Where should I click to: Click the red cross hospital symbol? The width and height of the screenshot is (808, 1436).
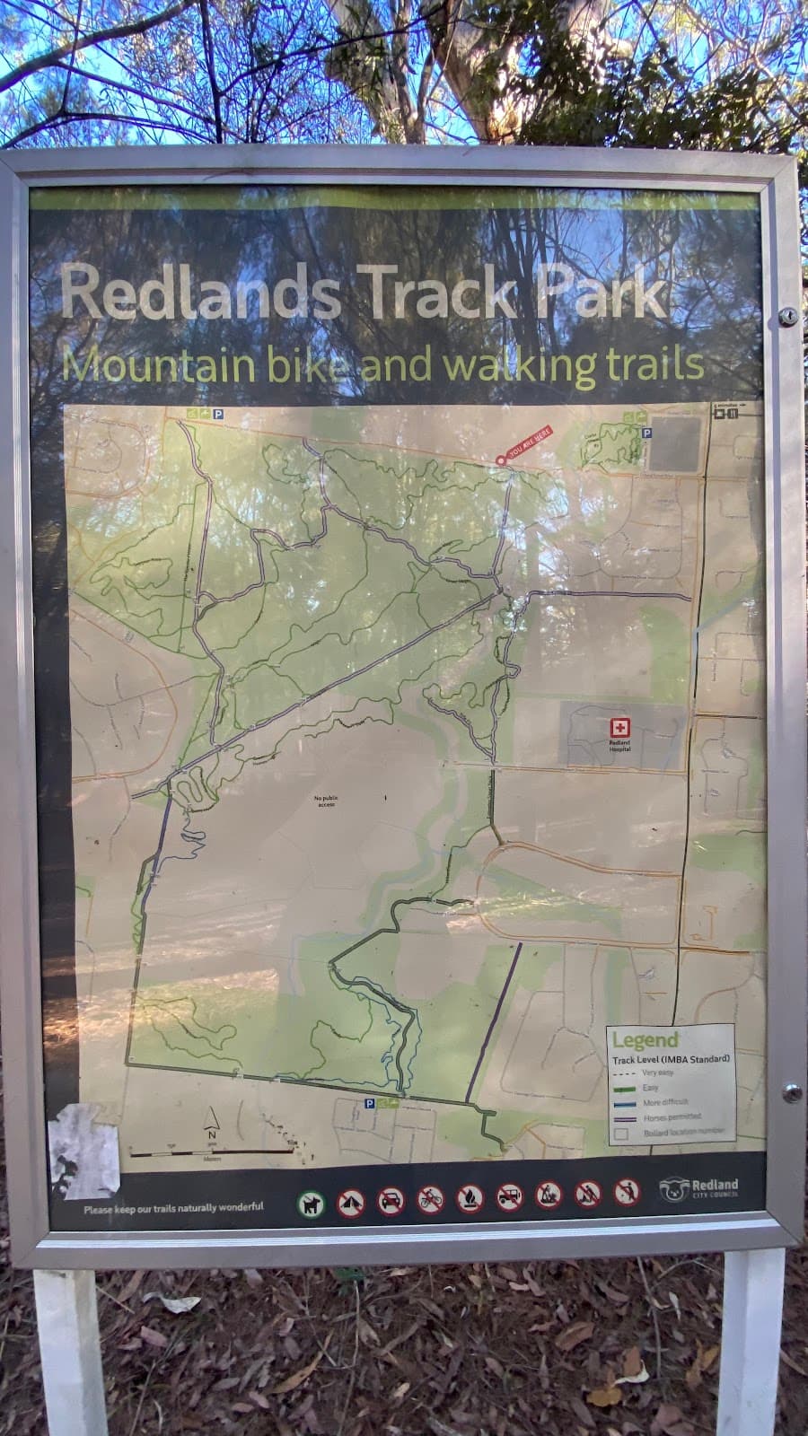[x=618, y=728]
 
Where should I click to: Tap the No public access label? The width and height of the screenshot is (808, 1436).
[x=325, y=801]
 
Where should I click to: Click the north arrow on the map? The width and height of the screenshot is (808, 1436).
[x=212, y=1122]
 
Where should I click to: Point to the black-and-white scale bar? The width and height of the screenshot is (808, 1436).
[x=212, y=1151]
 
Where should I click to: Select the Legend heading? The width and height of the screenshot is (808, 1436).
[x=645, y=1041]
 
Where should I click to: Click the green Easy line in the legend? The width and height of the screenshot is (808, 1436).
[x=627, y=1088]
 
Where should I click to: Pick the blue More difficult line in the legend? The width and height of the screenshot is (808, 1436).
[x=627, y=1103]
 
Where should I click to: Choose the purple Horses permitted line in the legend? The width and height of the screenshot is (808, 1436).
[x=627, y=1118]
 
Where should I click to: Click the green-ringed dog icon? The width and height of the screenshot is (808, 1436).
[x=311, y=1203]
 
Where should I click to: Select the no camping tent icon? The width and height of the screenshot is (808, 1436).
[x=350, y=1203]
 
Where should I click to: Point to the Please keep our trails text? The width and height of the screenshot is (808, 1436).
[x=173, y=1207]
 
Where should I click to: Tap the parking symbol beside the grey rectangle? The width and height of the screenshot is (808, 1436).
[x=646, y=433]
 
